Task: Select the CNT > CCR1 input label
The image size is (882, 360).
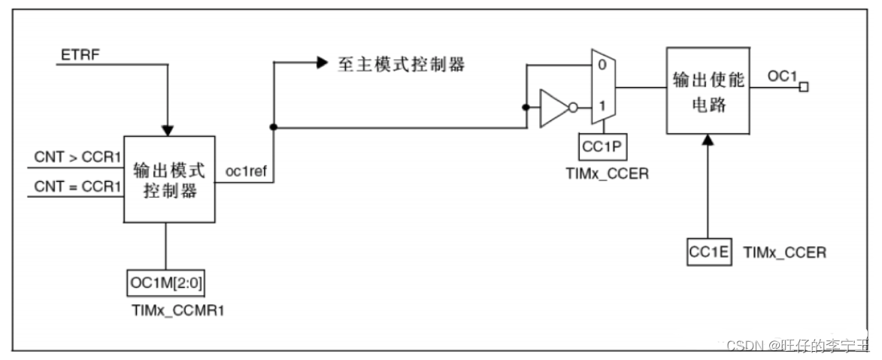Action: (77, 158)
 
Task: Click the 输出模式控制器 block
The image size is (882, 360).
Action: (169, 179)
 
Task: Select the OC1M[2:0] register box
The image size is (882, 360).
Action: (164, 284)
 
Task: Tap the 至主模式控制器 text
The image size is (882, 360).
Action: (400, 65)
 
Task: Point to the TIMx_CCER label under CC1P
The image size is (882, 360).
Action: (607, 175)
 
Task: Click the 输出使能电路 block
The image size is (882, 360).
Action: (708, 91)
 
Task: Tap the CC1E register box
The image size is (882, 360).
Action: (708, 253)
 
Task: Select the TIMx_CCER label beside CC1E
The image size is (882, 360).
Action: (783, 253)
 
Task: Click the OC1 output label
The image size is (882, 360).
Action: (782, 76)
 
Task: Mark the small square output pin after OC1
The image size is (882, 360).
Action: (803, 88)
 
